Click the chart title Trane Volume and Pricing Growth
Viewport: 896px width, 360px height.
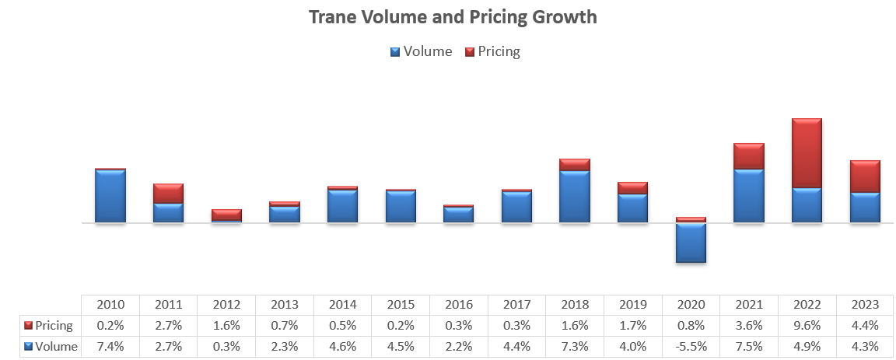[x=453, y=16]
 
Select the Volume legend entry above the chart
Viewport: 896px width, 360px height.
[x=421, y=52]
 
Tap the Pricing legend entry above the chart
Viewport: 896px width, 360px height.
[x=492, y=52]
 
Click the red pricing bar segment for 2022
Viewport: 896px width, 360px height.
[x=807, y=153]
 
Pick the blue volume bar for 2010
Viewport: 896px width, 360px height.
[x=110, y=196]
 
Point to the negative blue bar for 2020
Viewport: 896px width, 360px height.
[x=691, y=243]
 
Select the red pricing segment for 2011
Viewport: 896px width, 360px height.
[x=168, y=194]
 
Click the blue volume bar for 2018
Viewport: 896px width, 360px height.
[x=574, y=196]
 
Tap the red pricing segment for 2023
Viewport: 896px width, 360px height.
[x=865, y=177]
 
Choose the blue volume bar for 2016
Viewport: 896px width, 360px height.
[x=458, y=215]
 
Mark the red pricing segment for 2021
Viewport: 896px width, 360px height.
[x=748, y=156]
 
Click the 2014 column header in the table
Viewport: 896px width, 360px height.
[x=342, y=305]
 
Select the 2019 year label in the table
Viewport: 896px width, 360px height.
[x=632, y=305]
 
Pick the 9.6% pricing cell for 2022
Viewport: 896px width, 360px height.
[x=807, y=326]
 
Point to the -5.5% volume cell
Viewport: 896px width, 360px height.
[x=691, y=347]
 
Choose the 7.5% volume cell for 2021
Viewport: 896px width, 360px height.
[x=748, y=347]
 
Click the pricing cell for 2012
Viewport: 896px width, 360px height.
[x=226, y=326]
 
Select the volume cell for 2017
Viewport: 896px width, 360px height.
[x=516, y=347]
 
